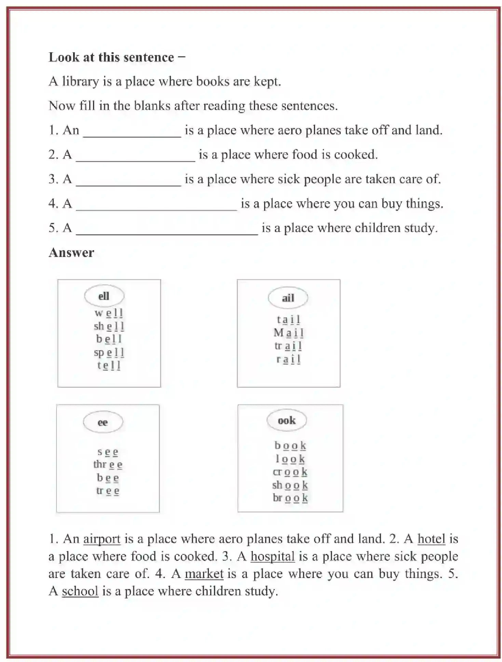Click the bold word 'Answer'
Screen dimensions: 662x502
pyautogui.click(x=71, y=253)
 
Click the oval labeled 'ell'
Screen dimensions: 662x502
pyautogui.click(x=104, y=296)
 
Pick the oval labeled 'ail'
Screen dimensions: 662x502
pyautogui.click(x=288, y=298)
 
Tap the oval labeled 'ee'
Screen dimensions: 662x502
pyautogui.click(x=103, y=422)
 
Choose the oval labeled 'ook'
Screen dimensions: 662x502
pyautogui.click(x=286, y=420)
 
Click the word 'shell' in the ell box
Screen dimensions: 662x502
pyautogui.click(x=109, y=326)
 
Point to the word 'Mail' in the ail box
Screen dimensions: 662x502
pyautogui.click(x=289, y=333)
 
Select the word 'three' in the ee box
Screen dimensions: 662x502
pyautogui.click(x=108, y=465)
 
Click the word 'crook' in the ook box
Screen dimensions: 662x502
pyautogui.click(x=290, y=472)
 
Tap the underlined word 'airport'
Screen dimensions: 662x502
pyautogui.click(x=102, y=539)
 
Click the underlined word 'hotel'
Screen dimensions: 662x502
pyautogui.click(x=431, y=539)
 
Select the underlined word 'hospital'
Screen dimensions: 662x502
pyautogui.click(x=272, y=556)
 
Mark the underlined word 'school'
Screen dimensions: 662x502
pyautogui.click(x=80, y=591)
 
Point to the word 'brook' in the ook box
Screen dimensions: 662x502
pyautogui.click(x=290, y=498)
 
